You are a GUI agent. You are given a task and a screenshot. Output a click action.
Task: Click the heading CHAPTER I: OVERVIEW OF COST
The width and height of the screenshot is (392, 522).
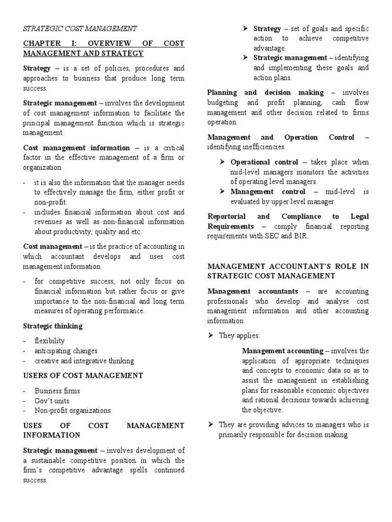(x=104, y=44)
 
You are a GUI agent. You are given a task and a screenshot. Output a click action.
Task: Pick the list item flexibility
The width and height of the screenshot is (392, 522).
(x=50, y=341)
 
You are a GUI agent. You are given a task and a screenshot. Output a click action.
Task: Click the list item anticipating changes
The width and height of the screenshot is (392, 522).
(x=66, y=351)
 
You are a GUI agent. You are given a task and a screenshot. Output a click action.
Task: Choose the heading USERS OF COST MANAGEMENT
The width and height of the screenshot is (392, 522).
(x=83, y=376)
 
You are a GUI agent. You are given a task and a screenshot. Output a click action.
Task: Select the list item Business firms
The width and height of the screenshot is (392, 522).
(x=57, y=391)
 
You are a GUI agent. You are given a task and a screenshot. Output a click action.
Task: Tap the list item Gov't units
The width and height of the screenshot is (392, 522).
(x=52, y=401)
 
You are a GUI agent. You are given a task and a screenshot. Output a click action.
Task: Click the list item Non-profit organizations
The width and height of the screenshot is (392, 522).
(x=72, y=410)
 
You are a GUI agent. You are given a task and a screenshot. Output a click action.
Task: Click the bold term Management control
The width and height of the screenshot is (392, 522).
(x=268, y=192)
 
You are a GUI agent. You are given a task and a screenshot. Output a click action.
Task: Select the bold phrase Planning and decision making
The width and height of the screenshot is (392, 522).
(x=265, y=93)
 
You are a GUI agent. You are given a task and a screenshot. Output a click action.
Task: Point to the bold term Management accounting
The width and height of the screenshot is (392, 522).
(x=282, y=351)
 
